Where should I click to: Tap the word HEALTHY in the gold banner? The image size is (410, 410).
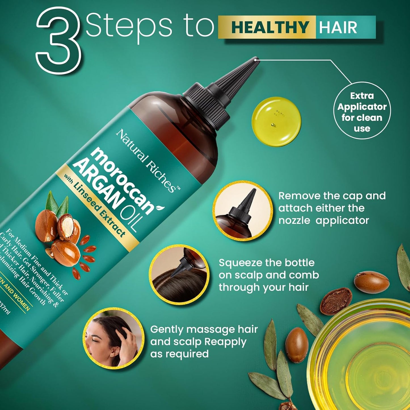point(270,28)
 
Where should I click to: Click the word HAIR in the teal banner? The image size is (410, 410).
point(338,28)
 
